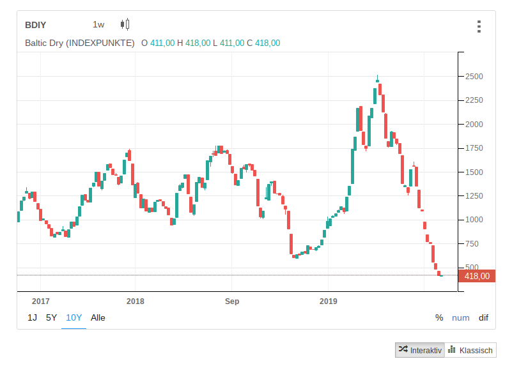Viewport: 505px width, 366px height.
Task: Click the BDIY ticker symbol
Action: [x=36, y=25]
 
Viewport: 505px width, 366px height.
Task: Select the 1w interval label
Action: [x=98, y=25]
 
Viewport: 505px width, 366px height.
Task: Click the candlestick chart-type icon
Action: [x=125, y=25]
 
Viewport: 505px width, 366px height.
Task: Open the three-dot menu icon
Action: [x=478, y=26]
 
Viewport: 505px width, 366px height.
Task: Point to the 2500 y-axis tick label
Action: [x=474, y=77]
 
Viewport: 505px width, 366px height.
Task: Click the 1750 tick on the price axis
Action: [x=474, y=148]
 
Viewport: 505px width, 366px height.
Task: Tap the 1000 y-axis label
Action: [x=474, y=220]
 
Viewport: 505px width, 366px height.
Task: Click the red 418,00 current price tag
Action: [x=477, y=276]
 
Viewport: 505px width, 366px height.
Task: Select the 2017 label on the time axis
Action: [x=40, y=301]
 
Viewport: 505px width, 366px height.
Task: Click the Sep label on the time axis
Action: [x=231, y=301]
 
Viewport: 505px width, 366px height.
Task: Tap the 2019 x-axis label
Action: [x=328, y=301]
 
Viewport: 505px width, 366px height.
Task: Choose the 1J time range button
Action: [x=32, y=317]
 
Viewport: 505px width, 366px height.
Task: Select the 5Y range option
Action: [x=51, y=317]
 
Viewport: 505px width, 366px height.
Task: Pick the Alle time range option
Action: [x=98, y=317]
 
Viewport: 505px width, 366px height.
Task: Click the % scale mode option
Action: [x=439, y=317]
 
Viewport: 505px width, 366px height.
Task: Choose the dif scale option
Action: [x=483, y=317]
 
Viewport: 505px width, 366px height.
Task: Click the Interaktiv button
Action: [x=419, y=350]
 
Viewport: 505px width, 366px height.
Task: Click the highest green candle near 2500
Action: [x=377, y=81]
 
